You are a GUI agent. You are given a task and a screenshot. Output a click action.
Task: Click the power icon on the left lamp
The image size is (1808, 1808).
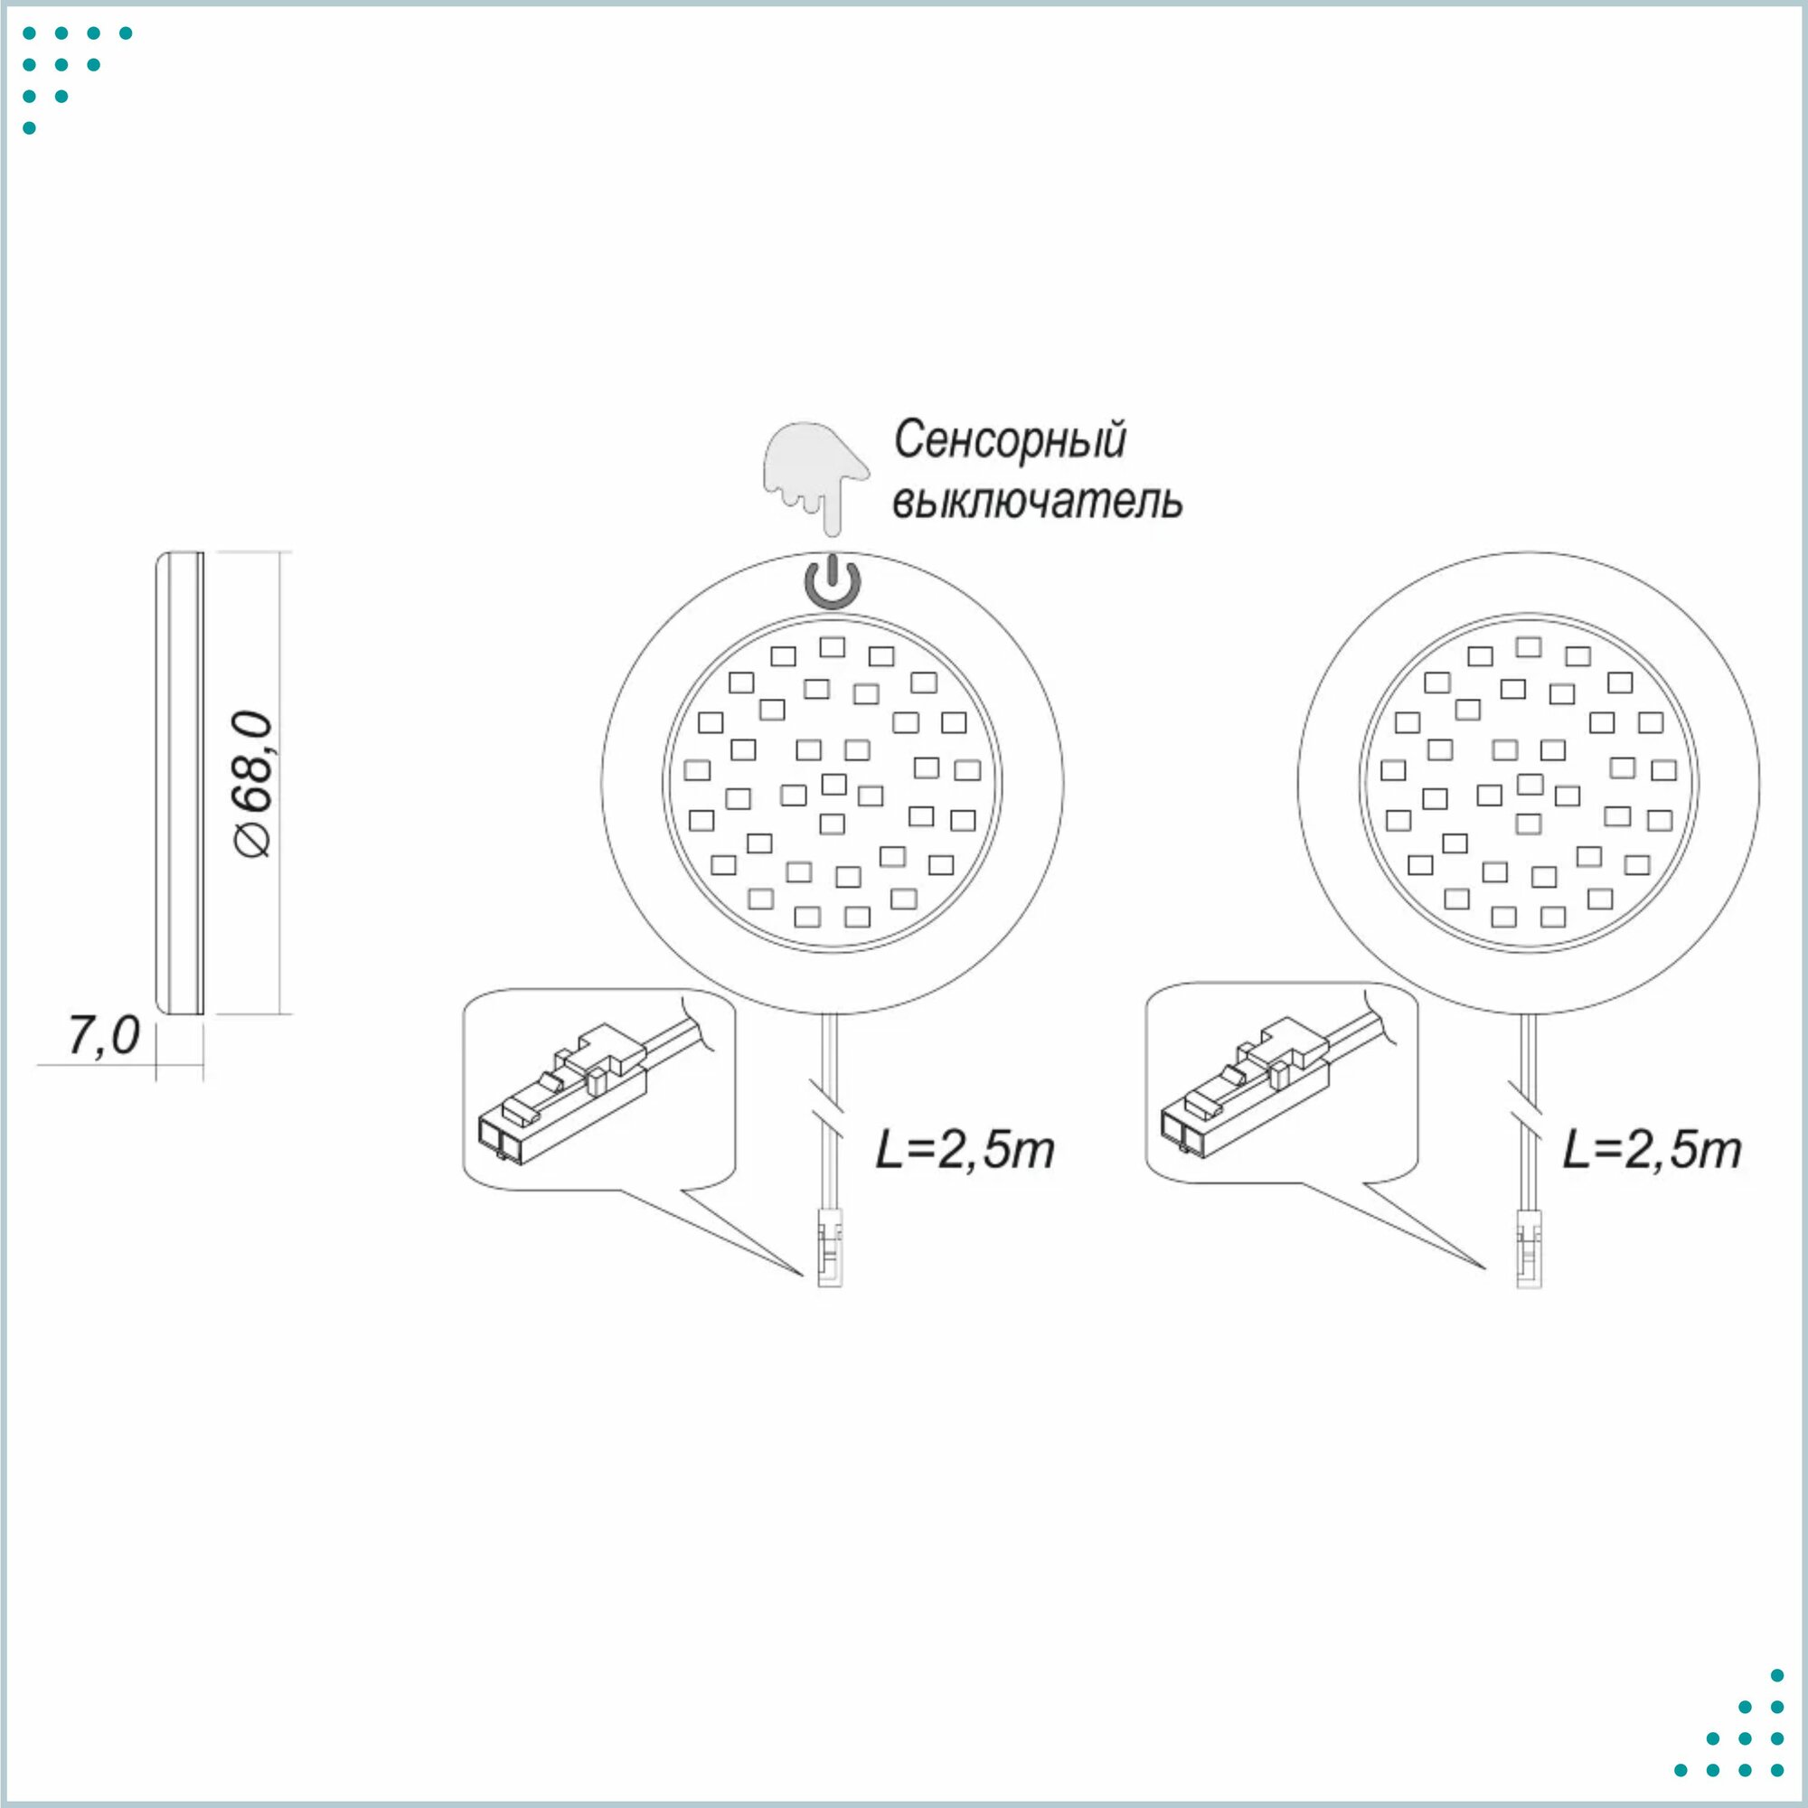click(x=833, y=582)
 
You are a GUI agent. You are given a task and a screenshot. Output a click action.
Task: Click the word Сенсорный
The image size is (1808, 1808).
click(x=1010, y=440)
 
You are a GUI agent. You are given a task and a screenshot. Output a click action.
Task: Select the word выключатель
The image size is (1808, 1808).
click(x=1037, y=502)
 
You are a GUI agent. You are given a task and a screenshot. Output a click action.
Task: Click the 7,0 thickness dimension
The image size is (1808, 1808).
click(x=104, y=1036)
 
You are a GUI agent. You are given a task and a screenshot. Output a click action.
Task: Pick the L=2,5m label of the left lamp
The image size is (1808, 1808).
click(x=965, y=1150)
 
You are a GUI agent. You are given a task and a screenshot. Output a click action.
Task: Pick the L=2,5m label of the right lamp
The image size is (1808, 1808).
click(x=1652, y=1150)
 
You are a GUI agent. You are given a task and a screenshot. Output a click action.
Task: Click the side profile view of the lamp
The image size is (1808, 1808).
click(x=180, y=782)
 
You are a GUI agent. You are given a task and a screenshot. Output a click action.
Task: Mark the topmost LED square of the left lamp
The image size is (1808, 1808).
click(x=832, y=646)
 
